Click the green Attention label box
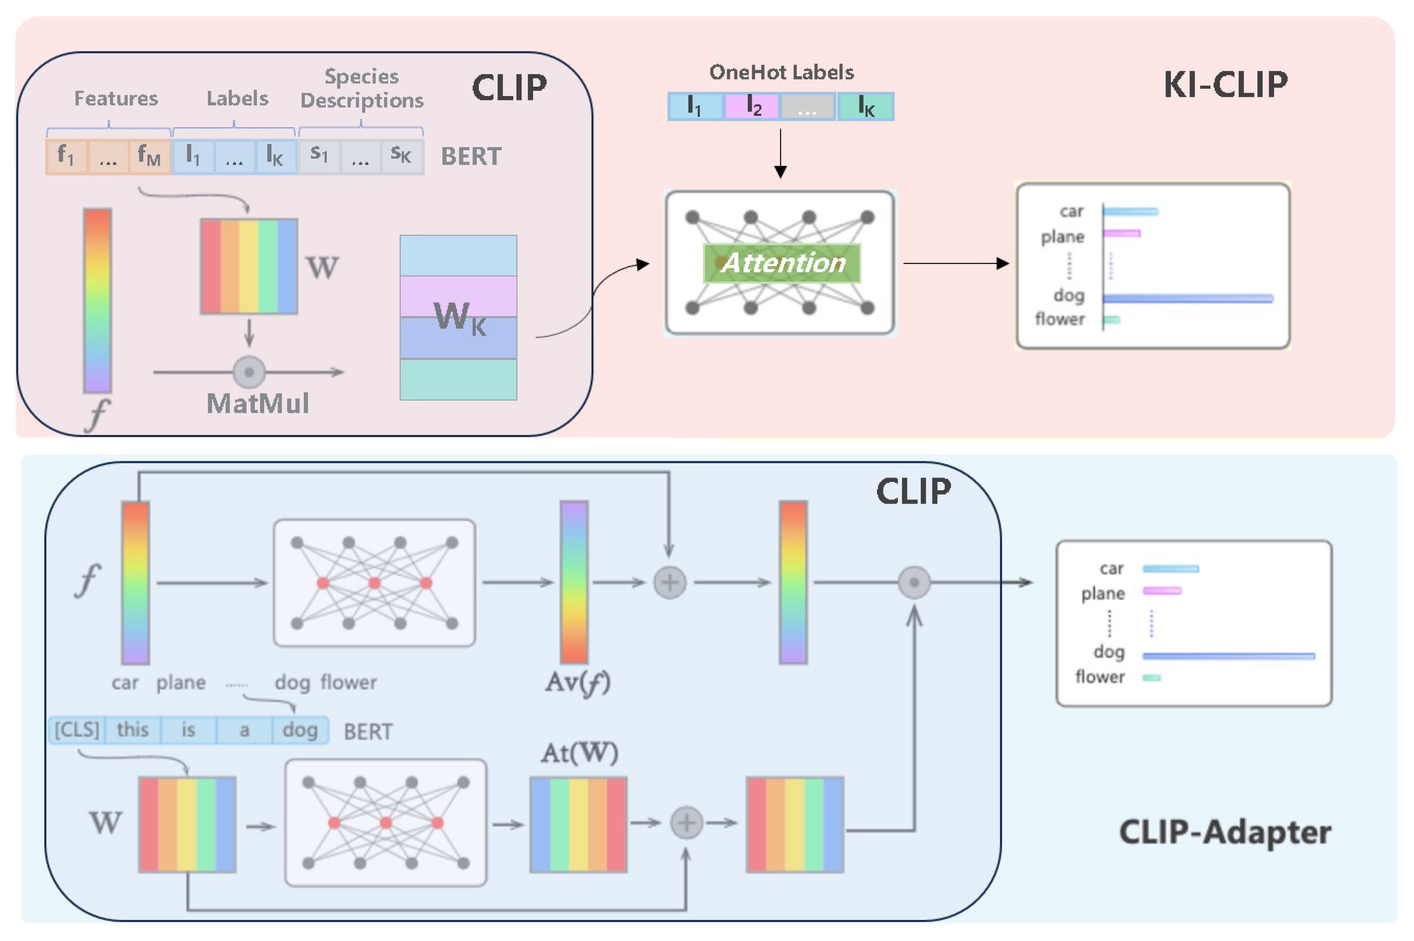[x=781, y=263]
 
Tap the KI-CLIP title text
[x=1225, y=84]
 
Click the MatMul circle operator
[x=249, y=372]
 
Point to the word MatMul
[x=258, y=403]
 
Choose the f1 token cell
[x=67, y=157]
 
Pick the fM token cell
[x=149, y=157]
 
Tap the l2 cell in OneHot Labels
[x=752, y=106]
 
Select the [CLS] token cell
[x=77, y=730]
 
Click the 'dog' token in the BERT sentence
[x=300, y=730]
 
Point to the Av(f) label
[x=577, y=682]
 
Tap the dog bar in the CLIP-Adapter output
[x=1229, y=656]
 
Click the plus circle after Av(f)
[x=669, y=582]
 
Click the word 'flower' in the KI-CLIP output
[x=1059, y=319]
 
